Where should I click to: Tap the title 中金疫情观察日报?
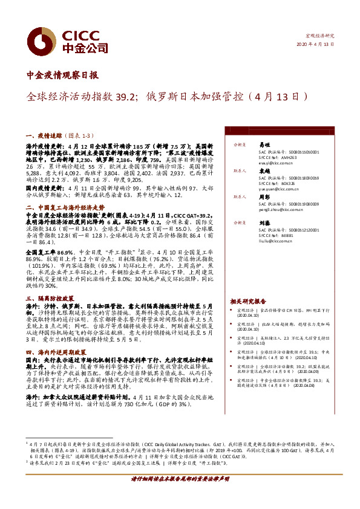tap(64, 76)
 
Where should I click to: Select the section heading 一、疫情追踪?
tap(45, 138)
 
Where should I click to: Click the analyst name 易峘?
tap(264, 145)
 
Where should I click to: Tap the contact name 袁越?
tap(264, 171)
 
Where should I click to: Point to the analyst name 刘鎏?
tap(264, 223)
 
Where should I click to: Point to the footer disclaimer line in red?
tap(179, 478)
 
